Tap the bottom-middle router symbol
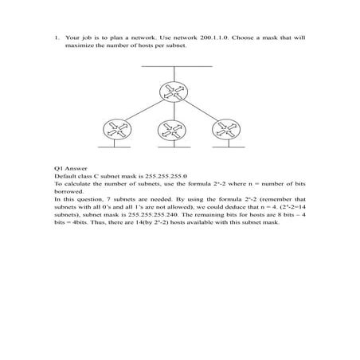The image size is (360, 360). [x=168, y=130]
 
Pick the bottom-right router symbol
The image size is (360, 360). [x=220, y=130]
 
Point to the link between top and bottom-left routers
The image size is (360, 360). [x=140, y=110]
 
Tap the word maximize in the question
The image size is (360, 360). [x=80, y=45]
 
